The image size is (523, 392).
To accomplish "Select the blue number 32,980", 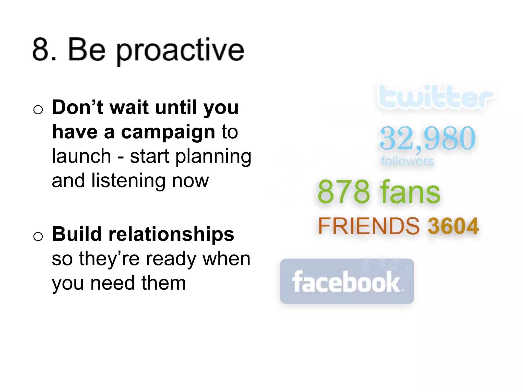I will pyautogui.click(x=427, y=138).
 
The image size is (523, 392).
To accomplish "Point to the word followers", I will pyautogui.click(x=407, y=161).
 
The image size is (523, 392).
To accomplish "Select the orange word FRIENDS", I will pyautogui.click(x=369, y=226).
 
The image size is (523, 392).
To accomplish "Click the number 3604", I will pyautogui.click(x=453, y=226).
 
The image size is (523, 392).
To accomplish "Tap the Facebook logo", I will pyautogui.click(x=347, y=281).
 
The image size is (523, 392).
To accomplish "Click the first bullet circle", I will pyautogui.click(x=38, y=110).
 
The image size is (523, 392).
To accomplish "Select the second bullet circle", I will pyautogui.click(x=38, y=236).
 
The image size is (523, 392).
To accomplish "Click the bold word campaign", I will pyautogui.click(x=168, y=132).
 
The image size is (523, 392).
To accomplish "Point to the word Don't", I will pyautogui.click(x=78, y=107).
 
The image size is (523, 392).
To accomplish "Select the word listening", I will pyautogui.click(x=128, y=181).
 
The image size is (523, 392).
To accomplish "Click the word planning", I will pyautogui.click(x=213, y=156).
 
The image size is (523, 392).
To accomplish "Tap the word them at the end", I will pyautogui.click(x=163, y=283).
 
